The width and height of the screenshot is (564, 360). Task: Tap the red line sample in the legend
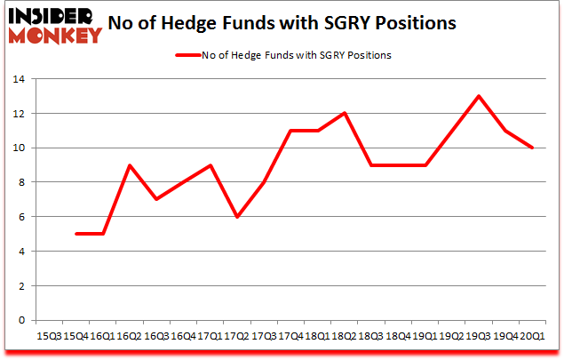(x=190, y=55)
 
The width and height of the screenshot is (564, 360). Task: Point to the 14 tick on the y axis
(x=17, y=79)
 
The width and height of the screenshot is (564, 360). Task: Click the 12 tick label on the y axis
(x=17, y=114)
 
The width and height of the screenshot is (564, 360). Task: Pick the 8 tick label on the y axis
(x=20, y=182)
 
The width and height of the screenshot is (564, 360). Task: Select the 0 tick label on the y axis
(x=20, y=320)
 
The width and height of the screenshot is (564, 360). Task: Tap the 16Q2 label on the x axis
(x=130, y=335)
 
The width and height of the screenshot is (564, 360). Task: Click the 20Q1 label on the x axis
(x=532, y=335)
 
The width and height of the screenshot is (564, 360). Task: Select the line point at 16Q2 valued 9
(x=130, y=165)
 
